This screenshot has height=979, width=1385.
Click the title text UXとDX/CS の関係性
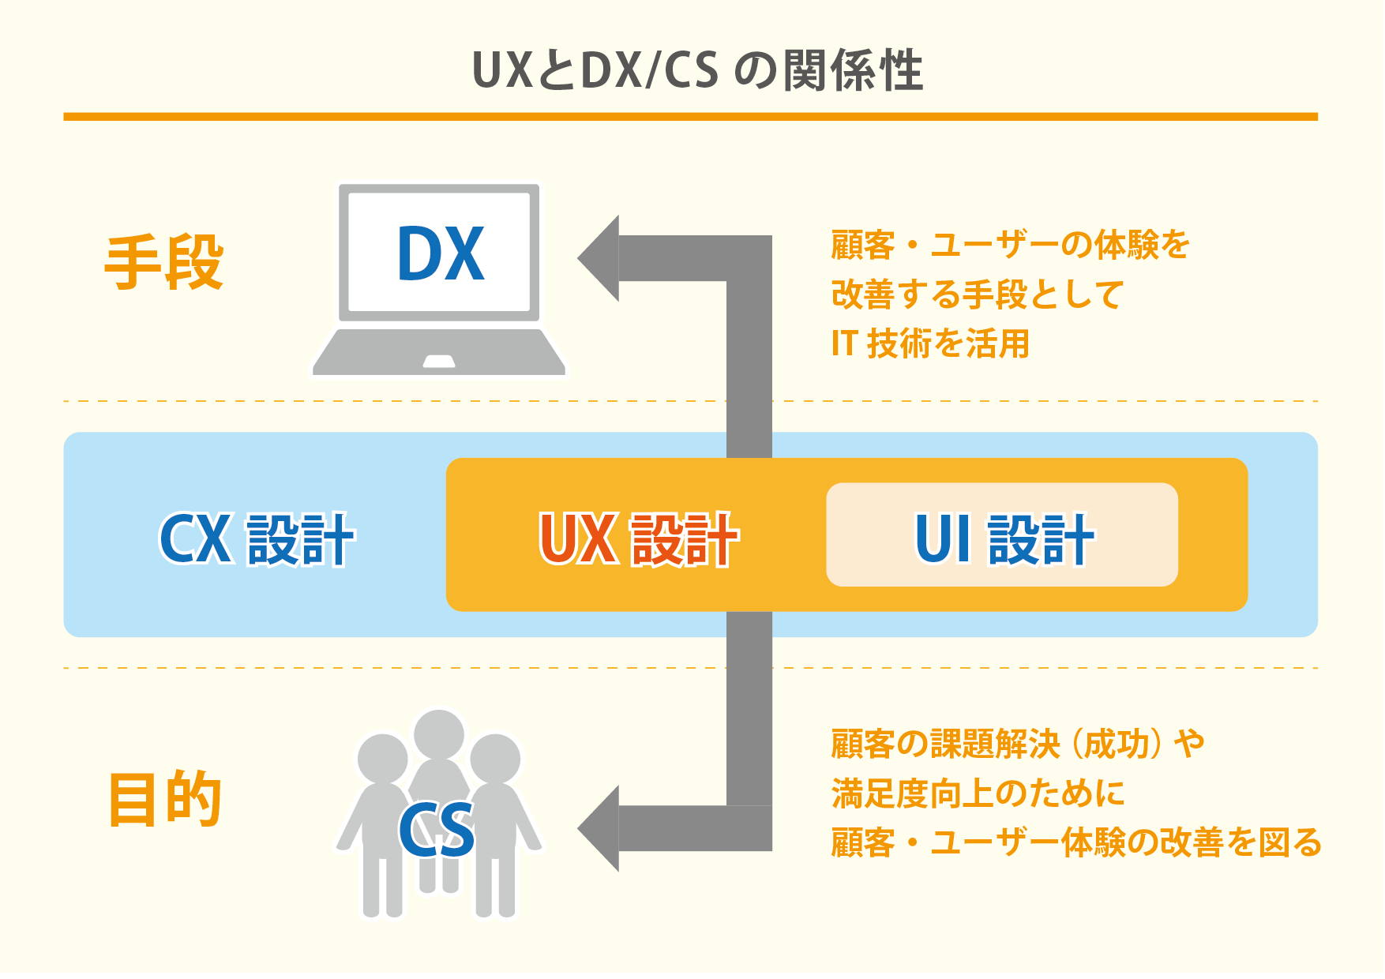tap(697, 70)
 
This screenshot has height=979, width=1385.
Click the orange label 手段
tap(164, 262)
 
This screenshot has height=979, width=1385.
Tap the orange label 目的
tap(164, 799)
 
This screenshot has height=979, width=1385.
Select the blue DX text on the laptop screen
tap(440, 253)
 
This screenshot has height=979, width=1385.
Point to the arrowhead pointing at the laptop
tap(599, 258)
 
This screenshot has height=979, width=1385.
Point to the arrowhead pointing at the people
tap(599, 828)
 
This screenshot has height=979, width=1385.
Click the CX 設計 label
tap(257, 539)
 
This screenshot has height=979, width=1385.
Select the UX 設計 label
tap(638, 539)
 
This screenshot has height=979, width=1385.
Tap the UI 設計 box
tap(1002, 535)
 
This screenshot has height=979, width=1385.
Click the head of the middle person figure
tap(438, 734)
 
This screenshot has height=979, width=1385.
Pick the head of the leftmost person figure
tap(383, 759)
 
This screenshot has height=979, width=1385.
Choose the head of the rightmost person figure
tap(495, 759)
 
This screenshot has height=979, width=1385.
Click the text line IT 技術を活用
tap(930, 343)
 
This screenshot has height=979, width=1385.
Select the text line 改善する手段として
tap(977, 294)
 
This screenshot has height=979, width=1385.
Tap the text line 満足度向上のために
tap(978, 793)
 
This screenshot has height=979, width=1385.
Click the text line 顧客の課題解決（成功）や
tap(1017, 744)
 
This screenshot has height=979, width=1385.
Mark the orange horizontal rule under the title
tap(690, 117)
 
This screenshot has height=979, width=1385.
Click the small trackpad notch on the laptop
tap(439, 362)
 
